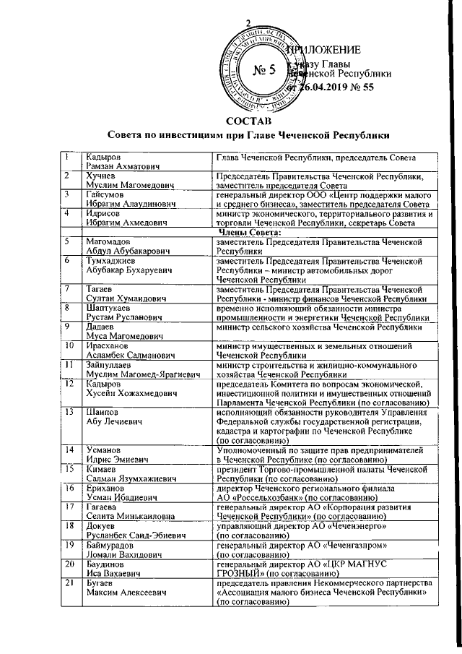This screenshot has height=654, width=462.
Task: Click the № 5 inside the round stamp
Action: [264, 70]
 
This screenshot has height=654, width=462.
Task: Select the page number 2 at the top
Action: [248, 22]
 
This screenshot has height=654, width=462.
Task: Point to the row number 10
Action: [71, 345]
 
